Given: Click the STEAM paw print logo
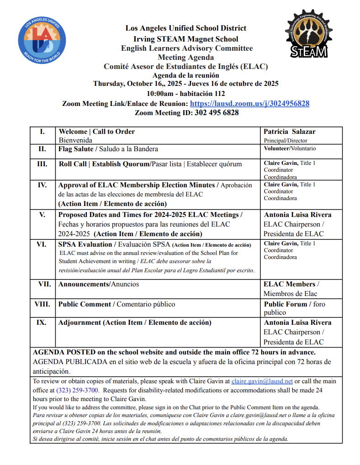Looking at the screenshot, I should (x=309, y=35).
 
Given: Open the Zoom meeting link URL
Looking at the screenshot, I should (x=249, y=104).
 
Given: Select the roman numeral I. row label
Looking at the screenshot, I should (x=42, y=132).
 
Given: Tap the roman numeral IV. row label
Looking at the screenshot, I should (x=42, y=185).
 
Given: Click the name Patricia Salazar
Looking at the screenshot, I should (x=290, y=132).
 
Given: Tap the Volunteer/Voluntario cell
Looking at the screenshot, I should (x=290, y=148).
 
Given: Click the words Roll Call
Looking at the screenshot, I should (x=73, y=164).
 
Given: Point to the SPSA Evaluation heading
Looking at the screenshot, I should (x=85, y=244).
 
